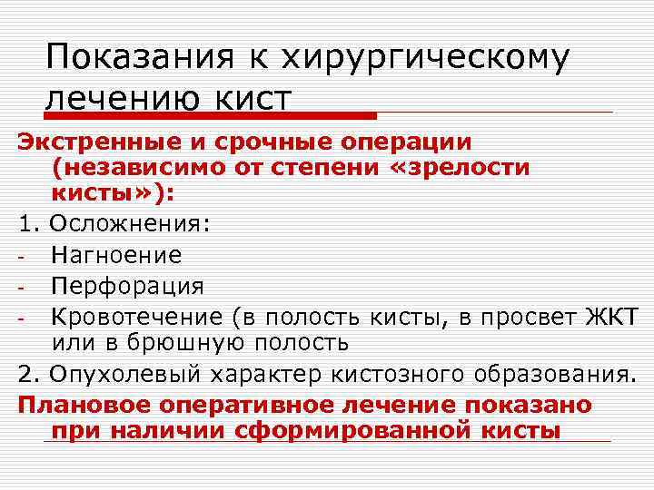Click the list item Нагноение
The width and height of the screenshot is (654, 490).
(116, 256)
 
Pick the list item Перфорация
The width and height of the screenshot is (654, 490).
(127, 286)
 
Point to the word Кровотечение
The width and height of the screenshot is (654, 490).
(137, 316)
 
